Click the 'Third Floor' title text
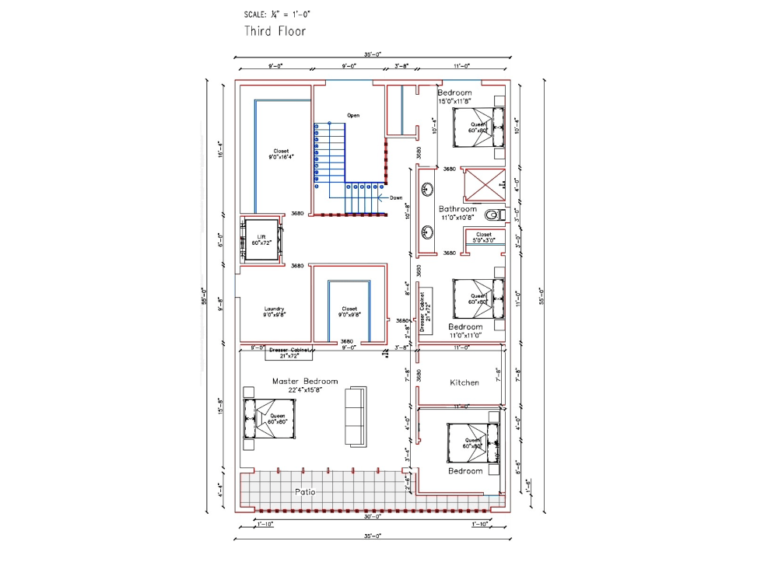(275, 31)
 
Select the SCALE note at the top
(278, 14)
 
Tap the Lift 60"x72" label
(262, 240)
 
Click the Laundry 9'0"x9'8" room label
(274, 312)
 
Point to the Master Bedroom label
(305, 385)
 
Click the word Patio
(305, 492)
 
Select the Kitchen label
(464, 382)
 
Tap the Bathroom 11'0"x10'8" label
(457, 213)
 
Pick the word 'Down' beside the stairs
(396, 197)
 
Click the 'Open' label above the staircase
(353, 115)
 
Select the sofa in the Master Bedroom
(356, 416)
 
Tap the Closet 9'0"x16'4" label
(281, 154)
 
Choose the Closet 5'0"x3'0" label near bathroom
(483, 237)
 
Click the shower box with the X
(484, 184)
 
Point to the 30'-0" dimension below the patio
(372, 516)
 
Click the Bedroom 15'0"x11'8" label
(454, 96)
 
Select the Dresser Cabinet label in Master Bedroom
(289, 353)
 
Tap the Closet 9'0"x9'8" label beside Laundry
(349, 312)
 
